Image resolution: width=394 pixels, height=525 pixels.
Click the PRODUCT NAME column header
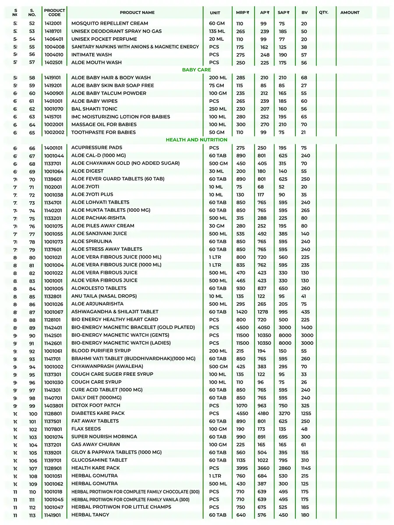[x=137, y=13]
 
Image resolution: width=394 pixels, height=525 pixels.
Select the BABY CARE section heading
[x=197, y=70]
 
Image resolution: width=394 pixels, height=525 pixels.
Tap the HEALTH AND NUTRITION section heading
[x=197, y=140]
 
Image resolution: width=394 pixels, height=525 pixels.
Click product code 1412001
[x=53, y=24]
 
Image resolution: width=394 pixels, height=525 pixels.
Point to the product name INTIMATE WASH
[x=91, y=55]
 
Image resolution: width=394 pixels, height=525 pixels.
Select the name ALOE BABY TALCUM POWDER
[x=109, y=94]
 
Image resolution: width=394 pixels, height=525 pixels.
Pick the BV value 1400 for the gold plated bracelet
[x=307, y=328]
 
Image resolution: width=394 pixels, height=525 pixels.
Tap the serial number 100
[x=33, y=414]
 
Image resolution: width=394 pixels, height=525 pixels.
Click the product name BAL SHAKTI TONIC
[x=94, y=109]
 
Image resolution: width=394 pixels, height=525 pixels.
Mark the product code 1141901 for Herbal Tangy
[x=53, y=515]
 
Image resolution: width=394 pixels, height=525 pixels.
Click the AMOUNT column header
[x=350, y=13]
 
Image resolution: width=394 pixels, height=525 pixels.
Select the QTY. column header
[x=324, y=13]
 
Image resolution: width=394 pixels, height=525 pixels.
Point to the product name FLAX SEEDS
[x=86, y=429]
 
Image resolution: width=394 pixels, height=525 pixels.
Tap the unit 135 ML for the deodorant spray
[x=216, y=31]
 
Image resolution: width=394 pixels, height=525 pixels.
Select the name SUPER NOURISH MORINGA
[x=104, y=437]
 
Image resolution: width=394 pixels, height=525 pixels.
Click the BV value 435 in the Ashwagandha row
[x=305, y=312]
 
